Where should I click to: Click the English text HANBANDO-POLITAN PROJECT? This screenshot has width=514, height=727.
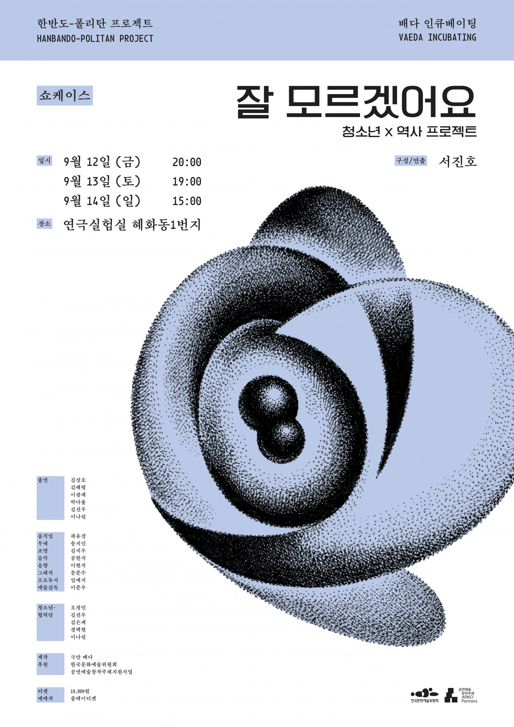(95, 39)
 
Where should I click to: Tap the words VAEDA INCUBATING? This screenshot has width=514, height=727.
(437, 37)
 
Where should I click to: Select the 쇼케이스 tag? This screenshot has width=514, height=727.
(65, 95)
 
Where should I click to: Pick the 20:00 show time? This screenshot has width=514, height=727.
(187, 162)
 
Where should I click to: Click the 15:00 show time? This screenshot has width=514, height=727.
(187, 201)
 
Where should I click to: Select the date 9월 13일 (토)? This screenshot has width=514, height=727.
(102, 182)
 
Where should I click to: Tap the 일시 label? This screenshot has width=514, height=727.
(44, 161)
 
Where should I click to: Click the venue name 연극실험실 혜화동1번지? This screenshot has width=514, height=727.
(132, 225)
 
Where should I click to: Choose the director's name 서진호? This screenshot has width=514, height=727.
(458, 162)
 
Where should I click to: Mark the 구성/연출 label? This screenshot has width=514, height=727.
(411, 161)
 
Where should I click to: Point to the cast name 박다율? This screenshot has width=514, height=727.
(78, 502)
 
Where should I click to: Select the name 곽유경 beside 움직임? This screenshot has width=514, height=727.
(78, 536)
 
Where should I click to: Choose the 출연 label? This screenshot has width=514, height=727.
(43, 480)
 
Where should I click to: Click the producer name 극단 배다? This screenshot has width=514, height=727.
(82, 657)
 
